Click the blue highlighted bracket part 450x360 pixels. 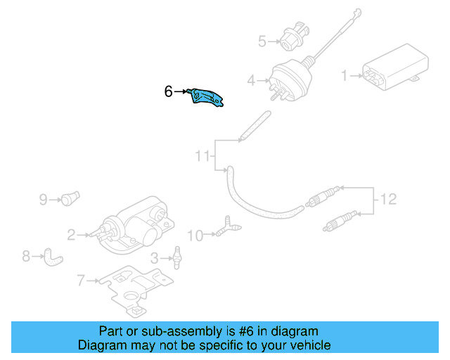click(x=207, y=98)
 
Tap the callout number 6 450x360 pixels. click(x=168, y=91)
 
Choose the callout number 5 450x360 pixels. click(x=262, y=41)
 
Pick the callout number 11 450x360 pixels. click(x=202, y=156)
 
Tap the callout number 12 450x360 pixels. click(x=389, y=200)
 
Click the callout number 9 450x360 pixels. click(x=43, y=200)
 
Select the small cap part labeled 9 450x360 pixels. click(x=69, y=198)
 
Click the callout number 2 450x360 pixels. click(x=71, y=234)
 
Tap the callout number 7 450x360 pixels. click(x=81, y=281)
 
